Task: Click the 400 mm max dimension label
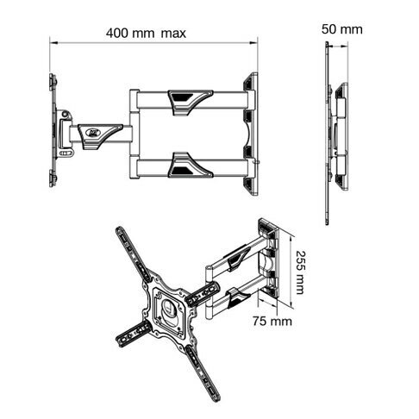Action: [x=146, y=33]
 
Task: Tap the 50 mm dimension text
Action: [x=341, y=29]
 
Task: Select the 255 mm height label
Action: [x=301, y=272]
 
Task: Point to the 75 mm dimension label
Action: [x=272, y=321]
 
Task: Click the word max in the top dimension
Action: [x=173, y=34]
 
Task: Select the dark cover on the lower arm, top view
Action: [x=191, y=165]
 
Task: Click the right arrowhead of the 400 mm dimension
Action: [x=253, y=43]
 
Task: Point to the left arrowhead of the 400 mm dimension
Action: [x=53, y=43]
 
